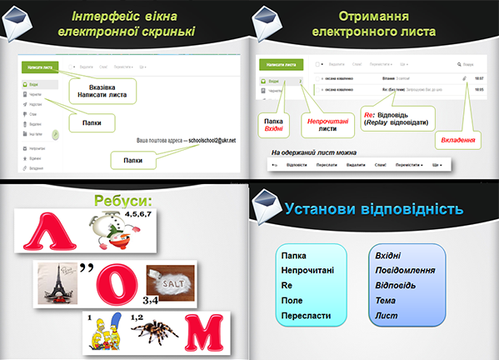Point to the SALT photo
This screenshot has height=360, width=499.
point(171,278)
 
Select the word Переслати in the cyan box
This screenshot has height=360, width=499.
point(307,316)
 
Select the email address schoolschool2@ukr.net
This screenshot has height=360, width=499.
point(212,140)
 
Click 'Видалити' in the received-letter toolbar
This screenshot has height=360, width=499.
point(355,165)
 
